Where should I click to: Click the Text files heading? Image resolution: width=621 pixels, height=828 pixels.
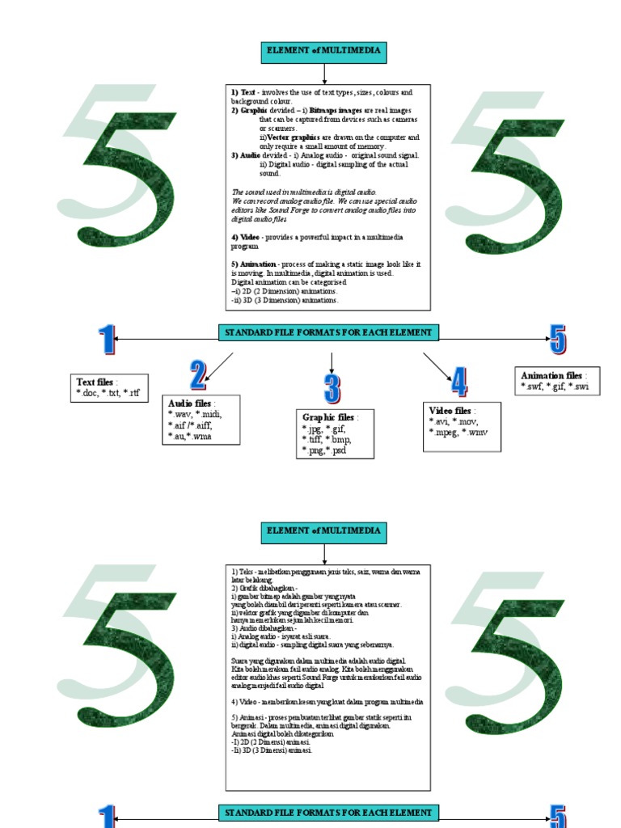pyautogui.click(x=95, y=382)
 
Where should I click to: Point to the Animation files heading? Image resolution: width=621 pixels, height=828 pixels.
pyautogui.click(x=552, y=376)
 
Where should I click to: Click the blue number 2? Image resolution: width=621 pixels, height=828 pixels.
pyautogui.click(x=198, y=376)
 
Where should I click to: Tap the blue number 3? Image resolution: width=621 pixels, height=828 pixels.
pyautogui.click(x=332, y=389)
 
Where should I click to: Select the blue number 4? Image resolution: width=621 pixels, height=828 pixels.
pyautogui.click(x=458, y=381)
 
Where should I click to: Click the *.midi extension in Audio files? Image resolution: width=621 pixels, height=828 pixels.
pyautogui.click(x=207, y=414)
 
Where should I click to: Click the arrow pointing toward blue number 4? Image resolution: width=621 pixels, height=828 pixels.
pyautogui.click(x=436, y=366)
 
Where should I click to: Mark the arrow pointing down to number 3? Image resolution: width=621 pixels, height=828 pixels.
pyautogui.click(x=332, y=362)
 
